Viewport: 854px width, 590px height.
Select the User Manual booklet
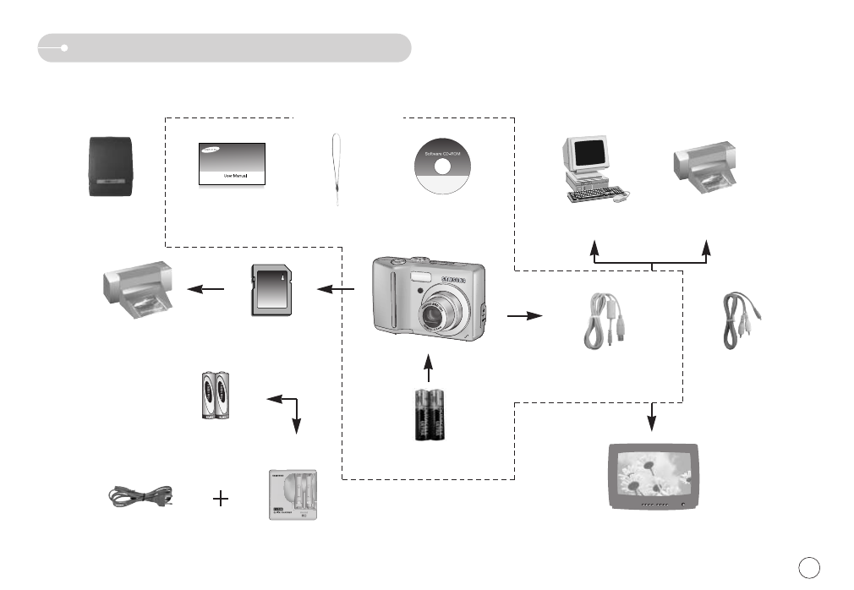click(x=233, y=164)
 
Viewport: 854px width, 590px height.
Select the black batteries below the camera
click(x=430, y=415)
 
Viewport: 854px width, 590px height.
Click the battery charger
click(x=292, y=494)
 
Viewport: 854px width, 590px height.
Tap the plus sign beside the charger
click(x=221, y=499)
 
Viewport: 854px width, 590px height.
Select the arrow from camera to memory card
click(x=336, y=291)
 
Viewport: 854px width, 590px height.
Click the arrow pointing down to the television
click(x=652, y=416)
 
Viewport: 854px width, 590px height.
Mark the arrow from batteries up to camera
click(x=429, y=369)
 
